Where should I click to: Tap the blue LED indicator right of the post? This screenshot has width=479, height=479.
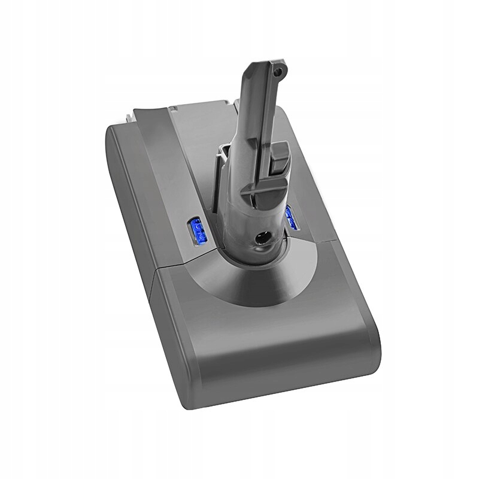tap(293, 219)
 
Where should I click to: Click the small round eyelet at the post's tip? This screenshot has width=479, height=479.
tap(276, 71)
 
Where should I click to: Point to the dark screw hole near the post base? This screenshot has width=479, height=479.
tap(261, 238)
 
